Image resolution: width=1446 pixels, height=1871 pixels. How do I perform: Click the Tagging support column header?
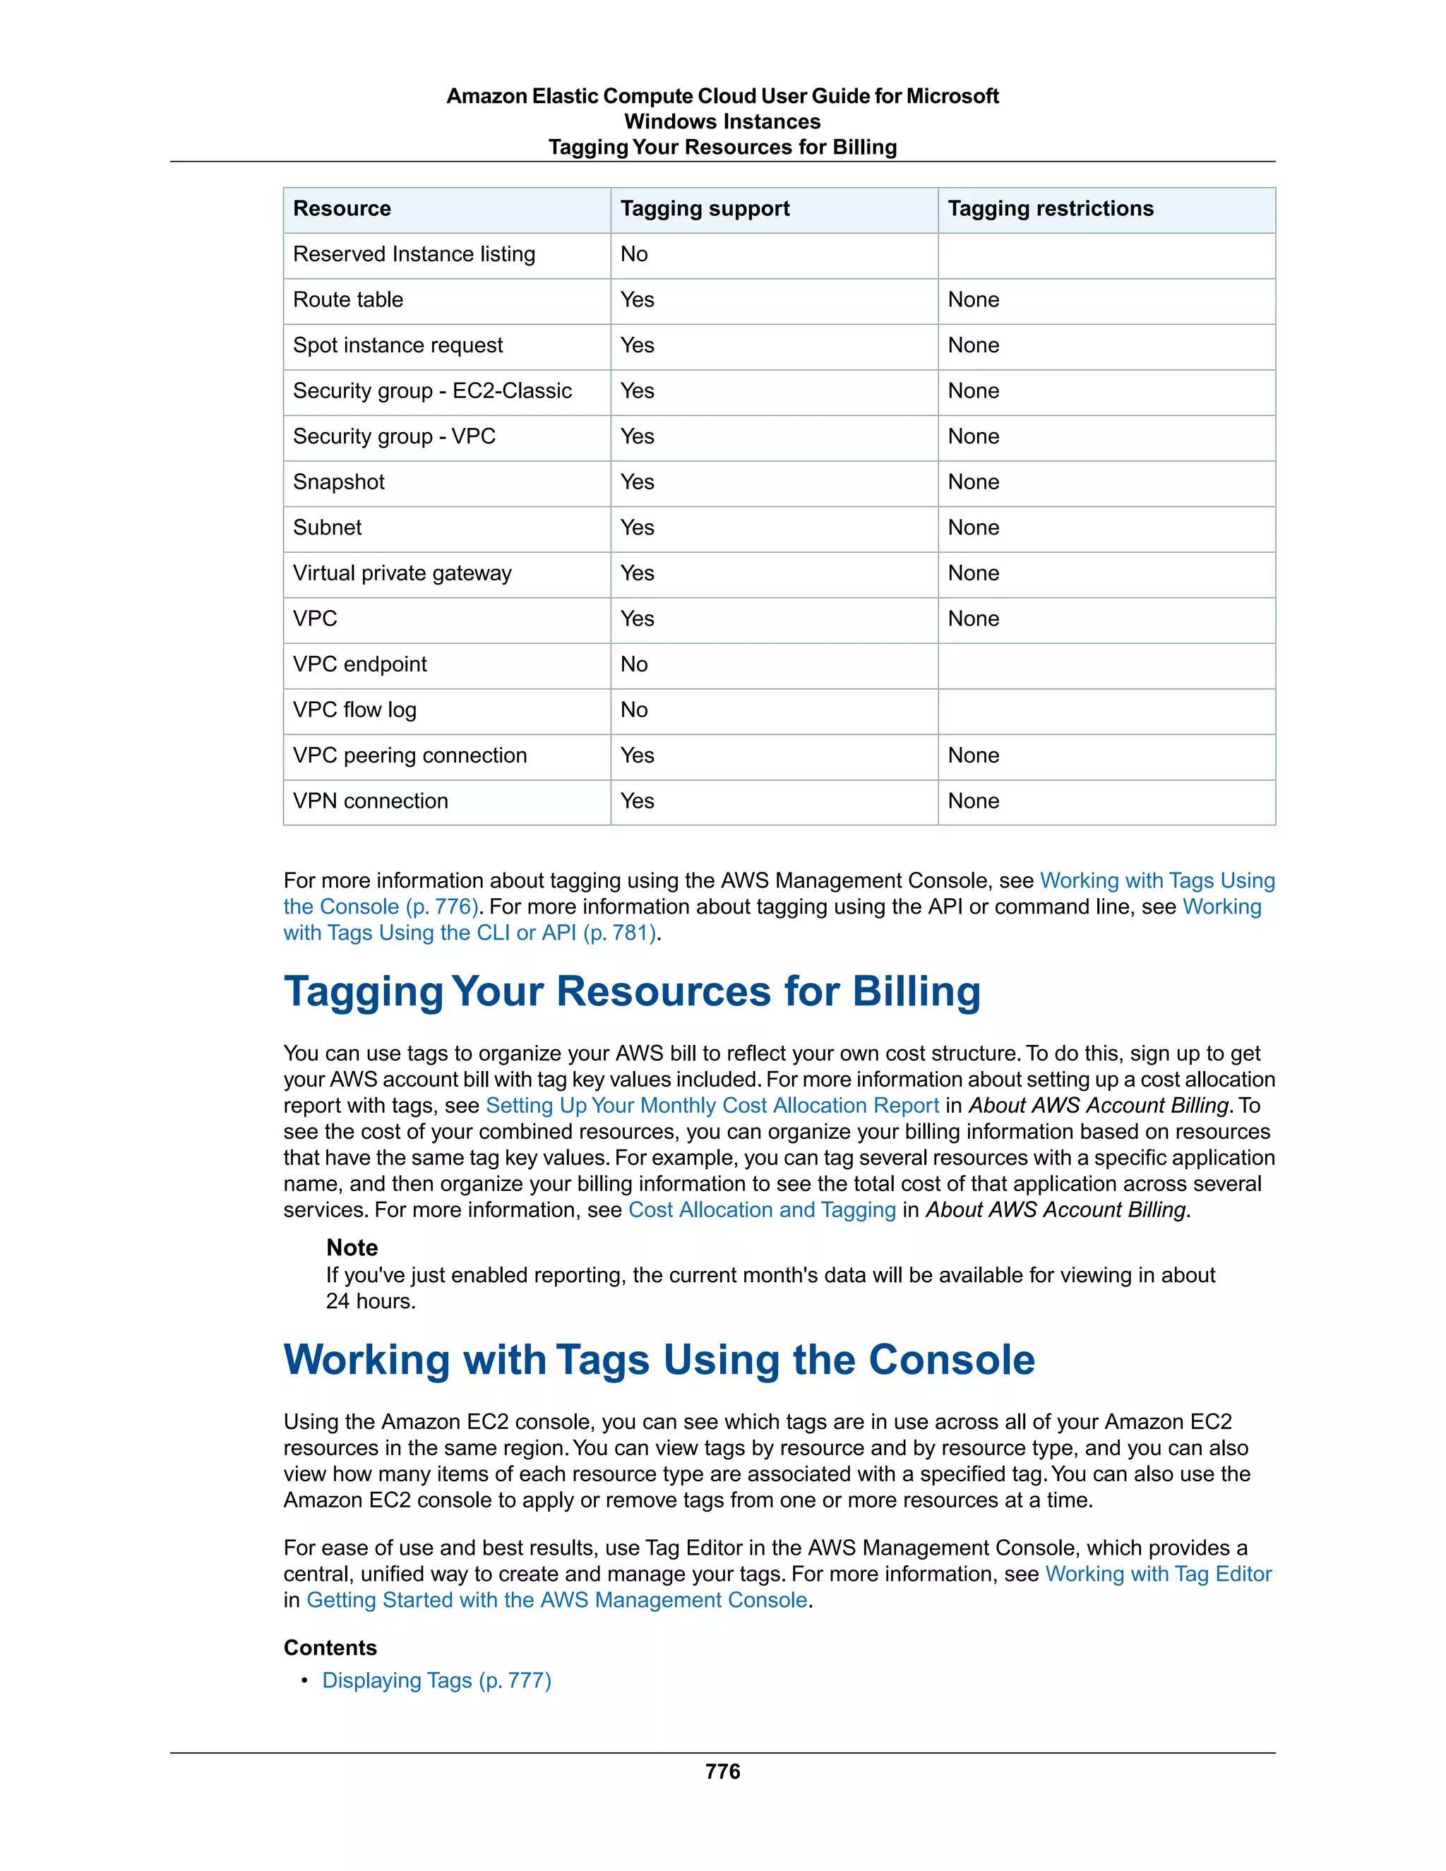point(704,209)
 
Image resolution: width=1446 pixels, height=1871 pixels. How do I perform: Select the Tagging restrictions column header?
point(1050,209)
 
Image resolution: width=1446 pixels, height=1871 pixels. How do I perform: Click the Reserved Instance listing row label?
point(414,254)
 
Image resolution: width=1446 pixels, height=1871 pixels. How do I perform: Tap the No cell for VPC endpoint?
point(634,665)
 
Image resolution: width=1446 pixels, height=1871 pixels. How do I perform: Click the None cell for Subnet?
point(973,527)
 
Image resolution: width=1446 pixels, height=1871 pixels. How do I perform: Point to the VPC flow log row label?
point(354,710)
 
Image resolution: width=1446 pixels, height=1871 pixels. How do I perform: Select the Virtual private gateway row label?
point(402,573)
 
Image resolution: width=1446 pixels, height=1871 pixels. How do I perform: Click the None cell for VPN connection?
point(973,801)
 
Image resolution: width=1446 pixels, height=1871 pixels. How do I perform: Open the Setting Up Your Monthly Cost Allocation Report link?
point(712,1106)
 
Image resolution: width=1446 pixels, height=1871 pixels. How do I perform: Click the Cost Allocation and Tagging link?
point(762,1210)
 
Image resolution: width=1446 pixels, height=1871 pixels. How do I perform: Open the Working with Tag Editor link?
point(1158,1574)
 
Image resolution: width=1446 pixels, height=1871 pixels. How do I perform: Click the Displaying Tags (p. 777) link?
point(436,1681)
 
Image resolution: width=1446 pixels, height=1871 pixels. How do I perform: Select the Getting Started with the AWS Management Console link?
point(557,1601)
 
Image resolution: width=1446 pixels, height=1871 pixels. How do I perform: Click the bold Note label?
point(351,1248)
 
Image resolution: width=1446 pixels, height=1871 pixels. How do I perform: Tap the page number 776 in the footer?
point(722,1771)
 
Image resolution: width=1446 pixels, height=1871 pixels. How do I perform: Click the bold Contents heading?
point(330,1649)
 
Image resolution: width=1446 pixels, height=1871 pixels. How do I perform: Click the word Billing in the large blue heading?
point(916,991)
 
